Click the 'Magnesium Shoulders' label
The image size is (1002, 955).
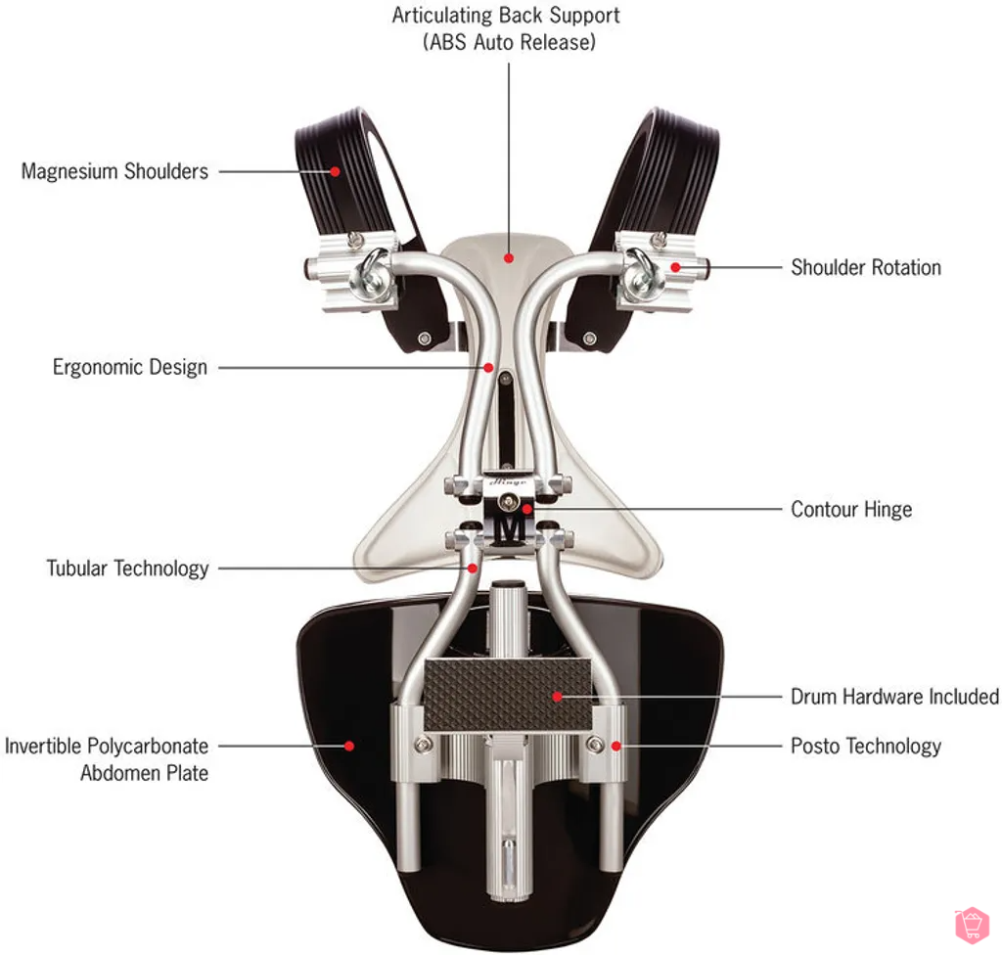[x=114, y=171]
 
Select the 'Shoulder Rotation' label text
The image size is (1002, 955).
[x=865, y=267]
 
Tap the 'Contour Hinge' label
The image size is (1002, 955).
[x=850, y=510]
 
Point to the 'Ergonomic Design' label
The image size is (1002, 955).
[x=129, y=368]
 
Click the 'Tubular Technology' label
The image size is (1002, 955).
[x=127, y=568]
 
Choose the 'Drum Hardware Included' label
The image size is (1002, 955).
[x=894, y=697]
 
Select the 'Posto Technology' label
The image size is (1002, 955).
[x=865, y=747]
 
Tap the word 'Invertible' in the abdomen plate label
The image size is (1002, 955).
[x=43, y=747]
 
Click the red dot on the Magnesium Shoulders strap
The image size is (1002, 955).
[x=335, y=171]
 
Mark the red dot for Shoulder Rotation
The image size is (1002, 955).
[x=675, y=266]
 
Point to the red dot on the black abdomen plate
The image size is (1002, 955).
[x=349, y=746]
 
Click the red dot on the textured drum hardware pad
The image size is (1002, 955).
[x=557, y=697]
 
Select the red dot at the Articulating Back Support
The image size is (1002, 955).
[x=508, y=258]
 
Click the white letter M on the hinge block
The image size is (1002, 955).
[x=508, y=530]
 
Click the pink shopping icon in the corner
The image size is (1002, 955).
[x=971, y=924]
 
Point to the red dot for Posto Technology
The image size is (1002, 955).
[x=615, y=746]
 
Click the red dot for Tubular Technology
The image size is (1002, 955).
[x=474, y=568]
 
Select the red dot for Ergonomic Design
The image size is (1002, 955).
[x=488, y=368]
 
